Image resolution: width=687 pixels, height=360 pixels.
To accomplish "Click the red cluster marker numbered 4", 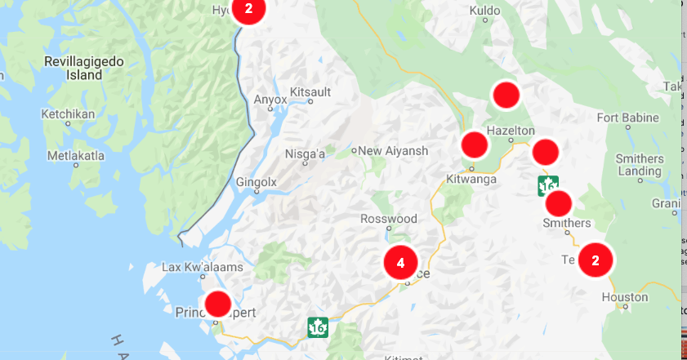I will point(400,263).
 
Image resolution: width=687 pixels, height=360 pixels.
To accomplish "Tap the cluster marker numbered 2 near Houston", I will point(596,260).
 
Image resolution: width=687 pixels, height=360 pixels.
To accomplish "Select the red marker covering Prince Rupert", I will point(217,304).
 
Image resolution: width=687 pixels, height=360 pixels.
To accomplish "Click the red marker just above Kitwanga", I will point(474,145).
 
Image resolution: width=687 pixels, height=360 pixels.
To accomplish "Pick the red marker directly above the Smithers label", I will point(559,202).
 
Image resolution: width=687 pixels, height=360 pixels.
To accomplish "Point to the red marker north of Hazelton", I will point(506,94).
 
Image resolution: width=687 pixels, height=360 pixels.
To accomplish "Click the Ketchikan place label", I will point(68,114).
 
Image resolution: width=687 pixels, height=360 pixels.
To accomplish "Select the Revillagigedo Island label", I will point(73,68).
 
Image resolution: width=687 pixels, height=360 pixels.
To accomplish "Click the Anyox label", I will point(271,100).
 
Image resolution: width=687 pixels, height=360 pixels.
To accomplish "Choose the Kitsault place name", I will point(310,91).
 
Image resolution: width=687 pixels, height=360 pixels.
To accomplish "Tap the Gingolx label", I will point(257,182).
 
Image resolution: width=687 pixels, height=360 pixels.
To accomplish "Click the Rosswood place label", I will point(389,219).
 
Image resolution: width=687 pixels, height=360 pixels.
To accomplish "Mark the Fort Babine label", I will point(627,118).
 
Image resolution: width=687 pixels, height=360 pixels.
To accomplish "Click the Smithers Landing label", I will point(640,165).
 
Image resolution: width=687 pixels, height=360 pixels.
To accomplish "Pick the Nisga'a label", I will point(305,153).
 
